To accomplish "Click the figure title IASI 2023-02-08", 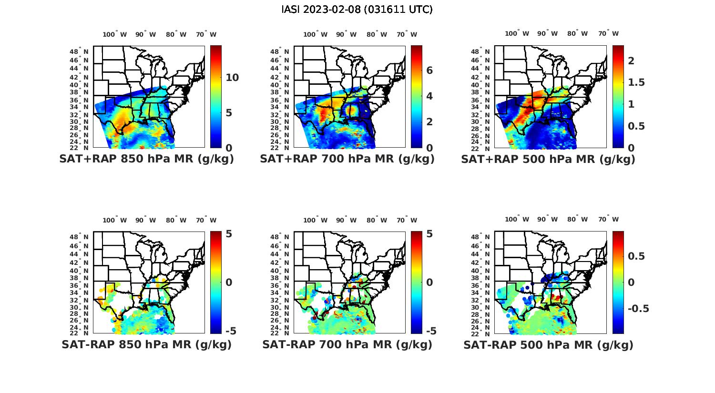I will [x=357, y=10].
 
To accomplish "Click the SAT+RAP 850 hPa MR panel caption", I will [x=146, y=159].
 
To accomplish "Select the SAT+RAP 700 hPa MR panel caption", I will [x=347, y=159].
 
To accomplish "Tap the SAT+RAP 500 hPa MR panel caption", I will [x=548, y=159].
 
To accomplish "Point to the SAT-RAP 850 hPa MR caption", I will [x=146, y=344].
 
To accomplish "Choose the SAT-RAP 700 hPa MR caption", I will [x=347, y=344].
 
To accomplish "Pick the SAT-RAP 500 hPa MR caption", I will [x=548, y=345].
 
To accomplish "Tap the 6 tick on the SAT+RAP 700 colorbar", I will [x=429, y=71].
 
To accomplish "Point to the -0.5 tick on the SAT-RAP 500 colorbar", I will [x=639, y=309].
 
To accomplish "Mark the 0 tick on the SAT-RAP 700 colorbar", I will [x=429, y=282].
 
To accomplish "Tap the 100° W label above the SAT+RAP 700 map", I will [x=315, y=34].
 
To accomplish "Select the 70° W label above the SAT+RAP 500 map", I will [x=609, y=33].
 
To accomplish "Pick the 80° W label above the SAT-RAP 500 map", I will [x=577, y=219].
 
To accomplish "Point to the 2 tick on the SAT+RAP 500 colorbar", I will [x=631, y=60].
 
